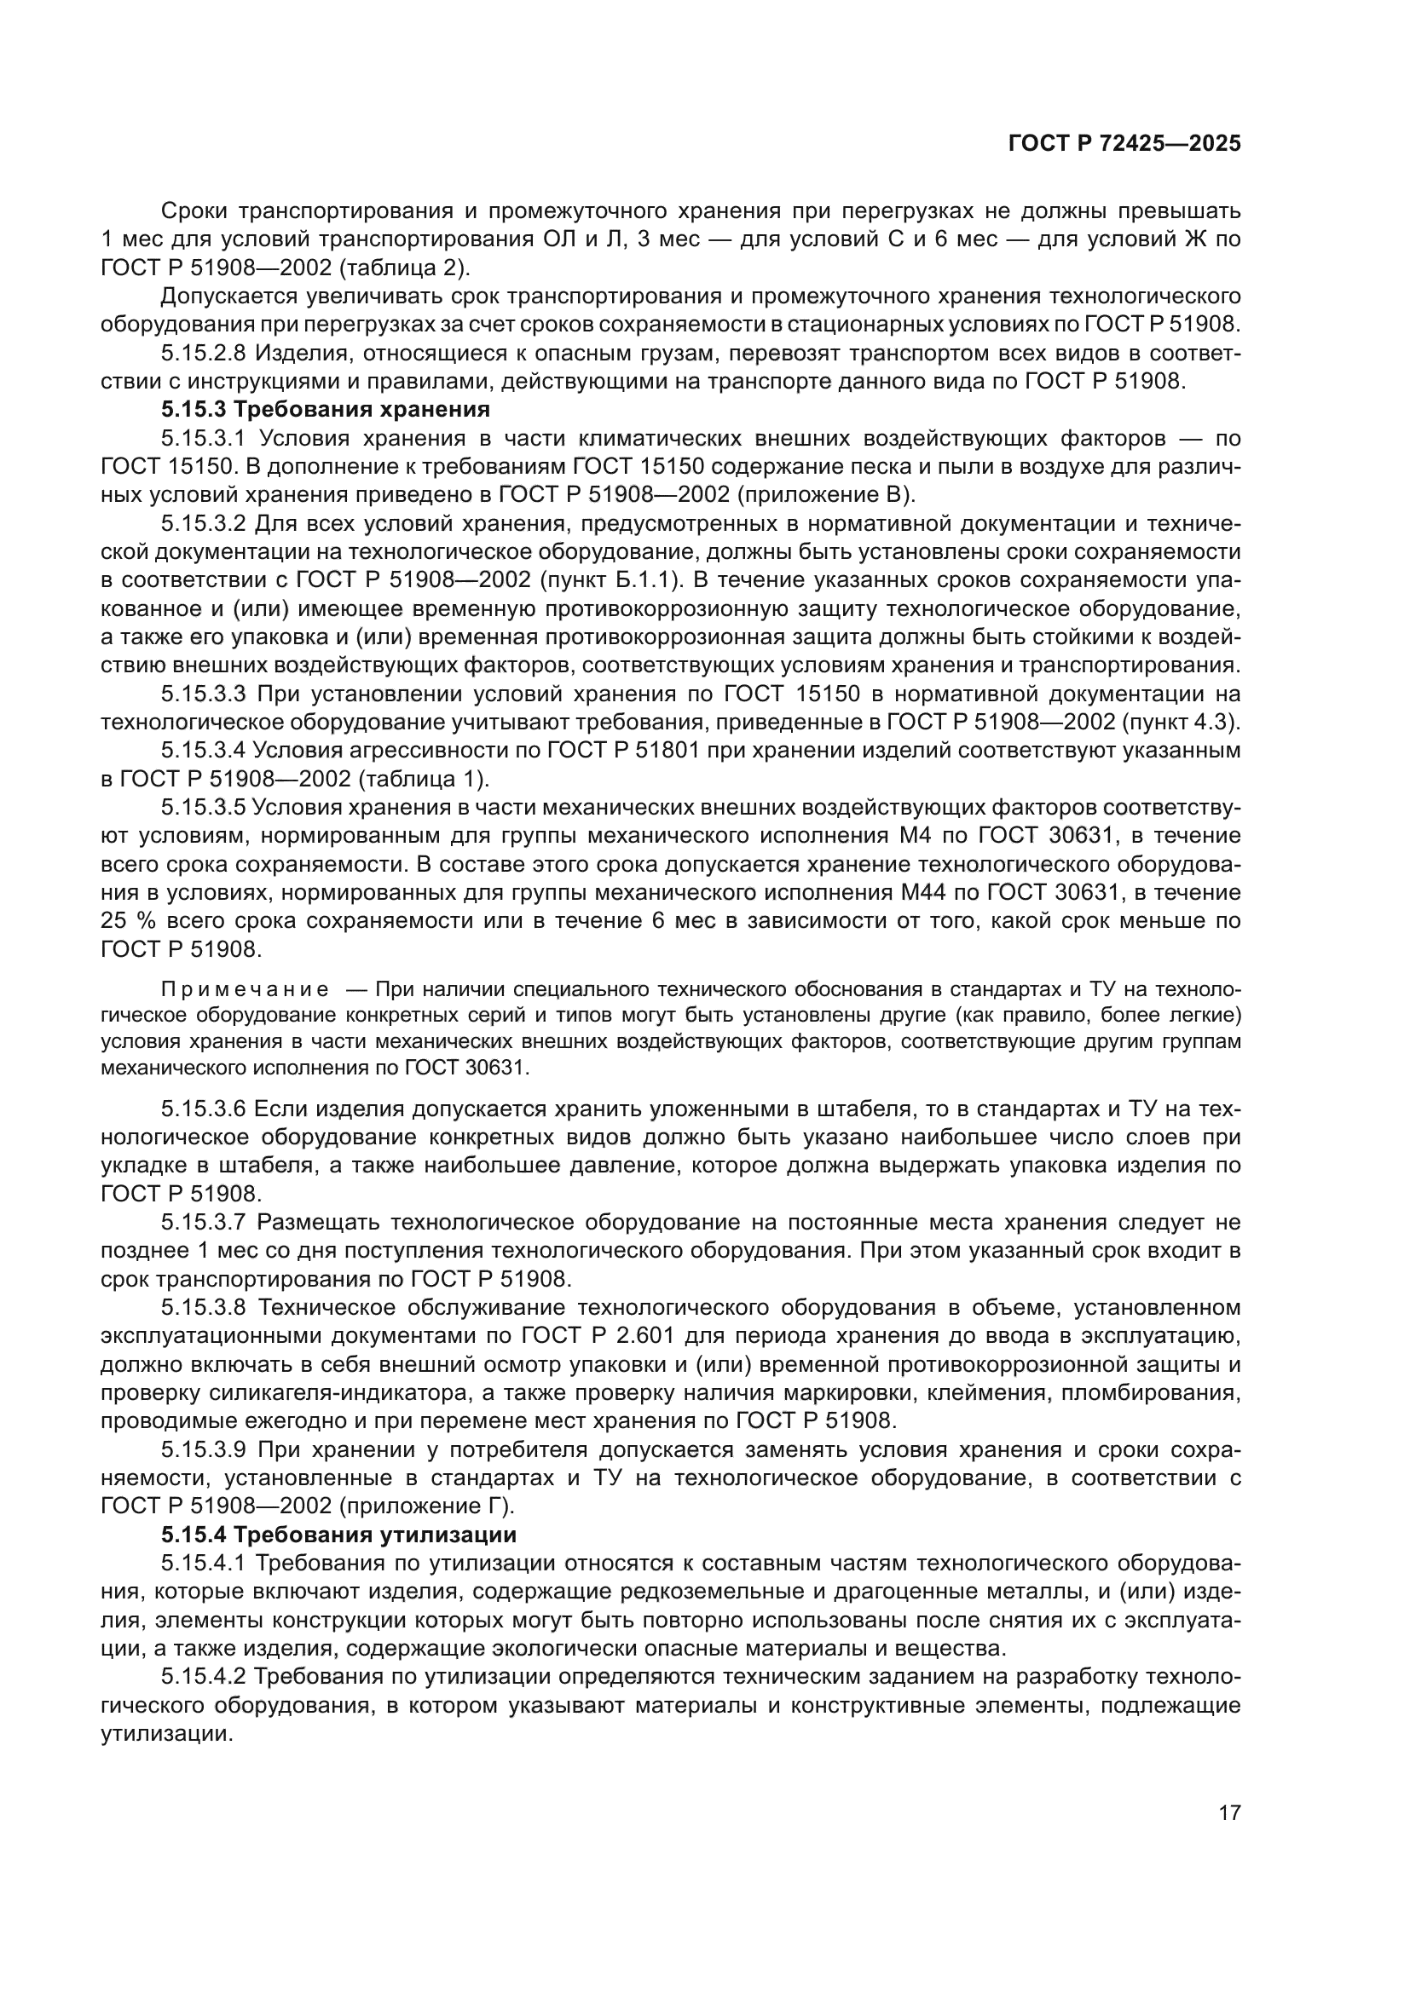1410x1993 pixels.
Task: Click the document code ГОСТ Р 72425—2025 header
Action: click(x=1124, y=144)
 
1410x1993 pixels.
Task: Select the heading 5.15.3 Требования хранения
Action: click(x=326, y=409)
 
